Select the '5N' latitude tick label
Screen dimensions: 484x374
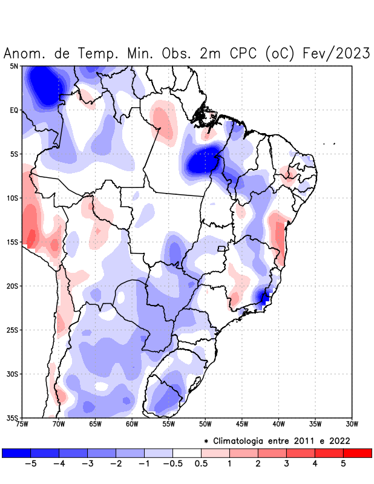click(x=14, y=66)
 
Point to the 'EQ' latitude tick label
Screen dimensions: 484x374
click(x=14, y=110)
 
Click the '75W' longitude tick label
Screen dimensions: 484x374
click(x=22, y=424)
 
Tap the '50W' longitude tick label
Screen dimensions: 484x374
click(x=205, y=424)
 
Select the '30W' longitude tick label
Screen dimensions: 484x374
click(x=352, y=424)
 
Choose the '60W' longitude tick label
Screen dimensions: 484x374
click(x=132, y=424)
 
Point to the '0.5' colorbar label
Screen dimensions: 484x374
click(x=201, y=463)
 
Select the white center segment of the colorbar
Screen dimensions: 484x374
click(x=187, y=453)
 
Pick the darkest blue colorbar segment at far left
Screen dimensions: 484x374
click(x=16, y=453)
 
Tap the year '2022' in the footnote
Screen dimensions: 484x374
click(x=338, y=440)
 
